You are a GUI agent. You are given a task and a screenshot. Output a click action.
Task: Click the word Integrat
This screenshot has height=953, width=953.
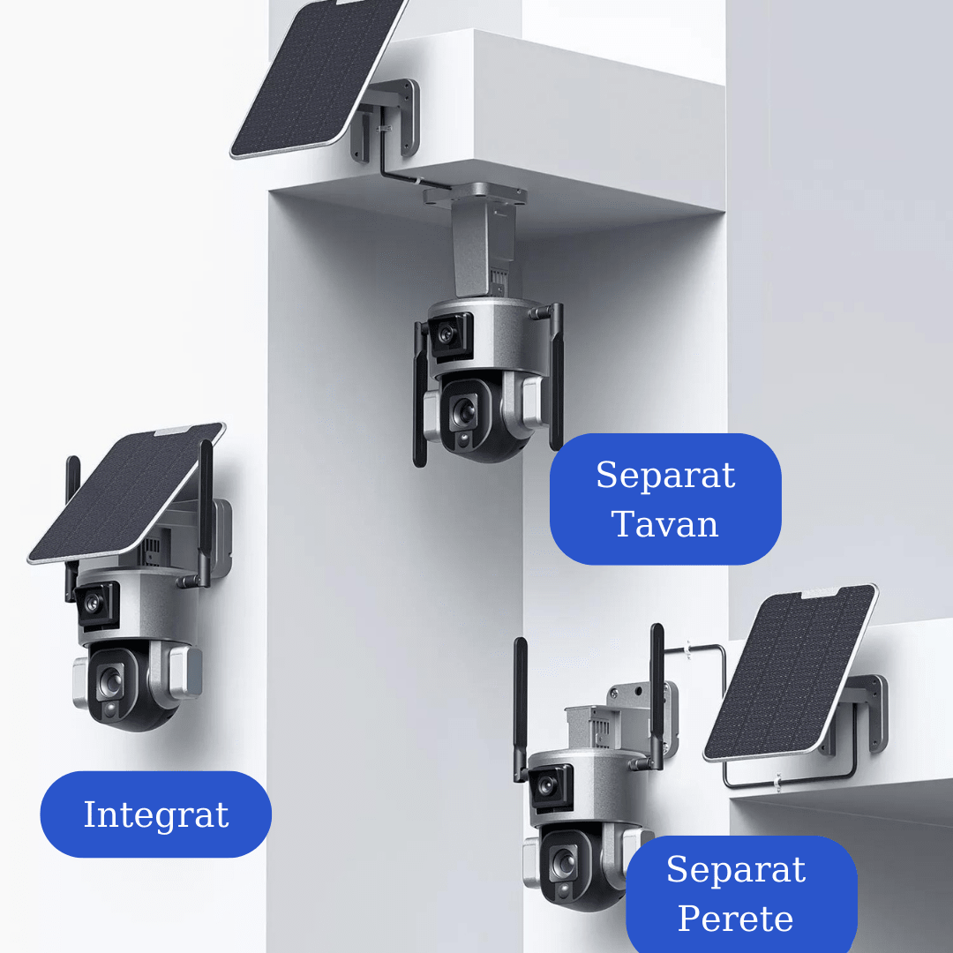tap(155, 814)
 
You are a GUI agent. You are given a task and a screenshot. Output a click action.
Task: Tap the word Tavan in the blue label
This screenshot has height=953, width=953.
tap(664, 524)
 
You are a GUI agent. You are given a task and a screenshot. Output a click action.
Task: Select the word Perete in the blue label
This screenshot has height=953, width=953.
tap(735, 919)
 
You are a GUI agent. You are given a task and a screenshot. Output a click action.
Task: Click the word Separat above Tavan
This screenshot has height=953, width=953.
tap(664, 476)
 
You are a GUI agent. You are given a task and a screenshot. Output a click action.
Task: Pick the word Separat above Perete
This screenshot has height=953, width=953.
tap(735, 870)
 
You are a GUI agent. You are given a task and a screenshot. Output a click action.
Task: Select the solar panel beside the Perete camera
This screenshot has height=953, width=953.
tap(790, 671)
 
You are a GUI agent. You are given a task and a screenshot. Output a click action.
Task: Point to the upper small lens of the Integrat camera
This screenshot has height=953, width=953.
tap(93, 603)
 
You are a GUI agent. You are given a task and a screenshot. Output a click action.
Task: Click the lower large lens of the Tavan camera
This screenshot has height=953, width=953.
tap(461, 409)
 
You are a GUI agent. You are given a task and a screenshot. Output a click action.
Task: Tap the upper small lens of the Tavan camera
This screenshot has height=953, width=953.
tap(446, 334)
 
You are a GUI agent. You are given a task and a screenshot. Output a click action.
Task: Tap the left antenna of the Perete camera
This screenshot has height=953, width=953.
tap(521, 706)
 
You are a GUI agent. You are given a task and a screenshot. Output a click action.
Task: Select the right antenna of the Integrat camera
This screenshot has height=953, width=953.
tap(206, 512)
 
